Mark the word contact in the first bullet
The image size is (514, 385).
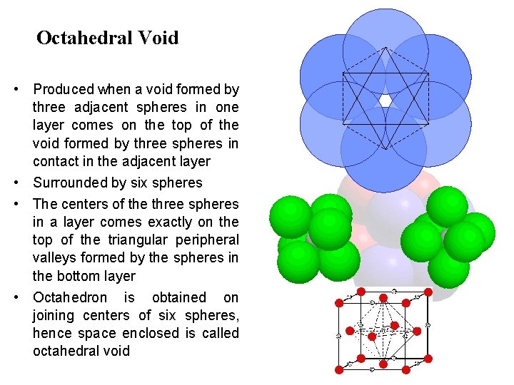tap(55, 162)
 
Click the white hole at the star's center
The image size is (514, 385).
tap(385, 101)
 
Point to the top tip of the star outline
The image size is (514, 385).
tap(385, 48)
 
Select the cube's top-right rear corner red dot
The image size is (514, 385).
tap(428, 292)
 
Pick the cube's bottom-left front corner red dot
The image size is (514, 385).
tap(339, 369)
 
